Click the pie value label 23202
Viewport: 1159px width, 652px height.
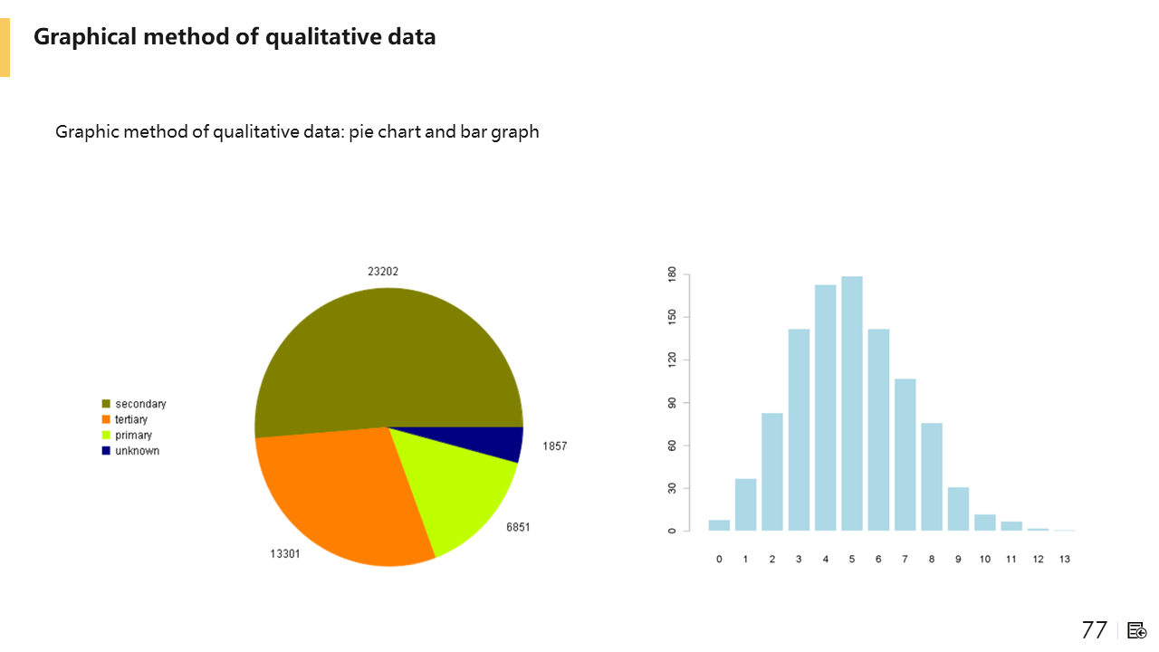click(383, 271)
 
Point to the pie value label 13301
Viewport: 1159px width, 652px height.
click(285, 554)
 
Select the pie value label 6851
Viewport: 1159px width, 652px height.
click(518, 527)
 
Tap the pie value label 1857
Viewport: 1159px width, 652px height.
click(555, 446)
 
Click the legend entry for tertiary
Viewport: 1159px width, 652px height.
click(131, 420)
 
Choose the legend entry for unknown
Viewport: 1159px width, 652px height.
click(137, 451)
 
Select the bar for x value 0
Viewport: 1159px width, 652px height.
click(719, 525)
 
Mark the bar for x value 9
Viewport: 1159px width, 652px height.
click(958, 509)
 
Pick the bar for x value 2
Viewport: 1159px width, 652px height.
click(772, 471)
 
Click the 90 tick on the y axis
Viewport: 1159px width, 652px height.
click(672, 402)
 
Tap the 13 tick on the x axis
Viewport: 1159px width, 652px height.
click(1065, 559)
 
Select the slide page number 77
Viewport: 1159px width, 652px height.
click(1095, 630)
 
